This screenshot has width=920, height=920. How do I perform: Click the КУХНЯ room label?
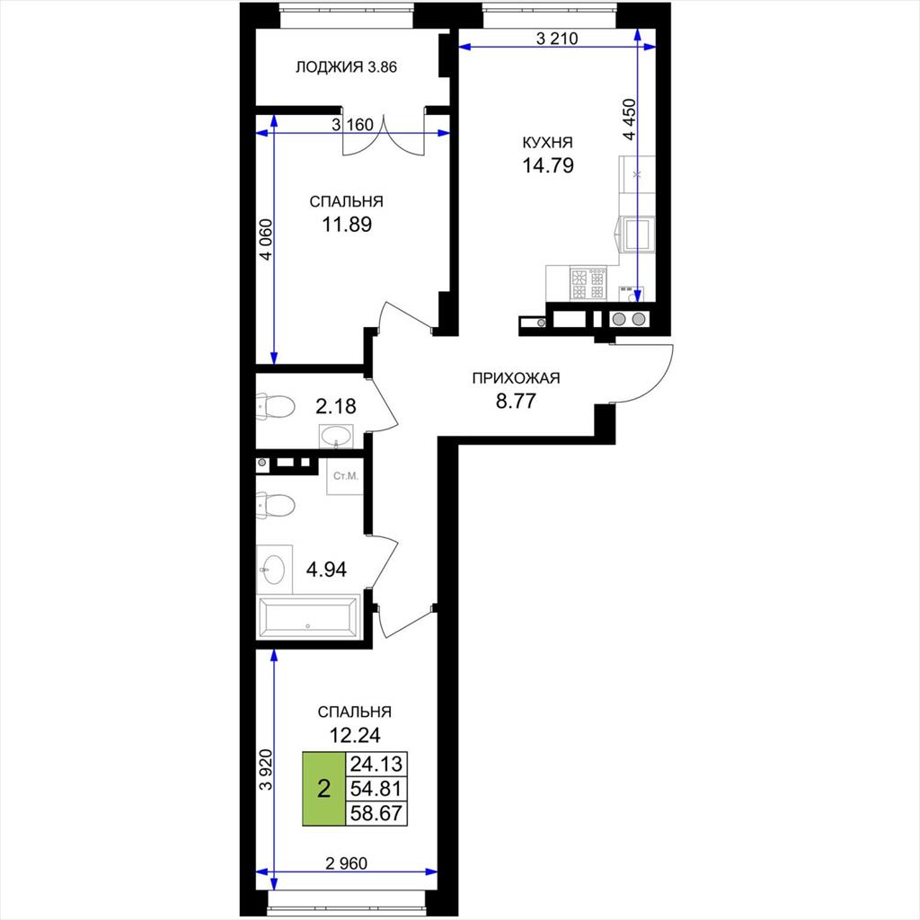point(547,143)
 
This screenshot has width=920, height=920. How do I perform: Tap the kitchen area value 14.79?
point(548,165)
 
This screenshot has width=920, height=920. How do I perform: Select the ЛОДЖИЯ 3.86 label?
point(346,67)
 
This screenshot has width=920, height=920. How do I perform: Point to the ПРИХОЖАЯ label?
point(516,378)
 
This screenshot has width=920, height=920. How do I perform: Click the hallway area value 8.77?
point(516,402)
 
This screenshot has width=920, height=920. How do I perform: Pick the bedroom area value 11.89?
point(347,224)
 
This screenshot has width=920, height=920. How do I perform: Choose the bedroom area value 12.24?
point(354,735)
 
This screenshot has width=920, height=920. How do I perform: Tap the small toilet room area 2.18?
point(336,406)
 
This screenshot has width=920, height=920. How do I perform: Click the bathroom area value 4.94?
point(326,569)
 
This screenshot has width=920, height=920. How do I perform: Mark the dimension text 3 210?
point(557,39)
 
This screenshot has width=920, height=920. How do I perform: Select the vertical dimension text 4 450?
point(629,119)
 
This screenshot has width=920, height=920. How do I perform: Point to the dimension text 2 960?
point(346,863)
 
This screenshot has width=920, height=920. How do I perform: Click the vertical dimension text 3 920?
point(266,769)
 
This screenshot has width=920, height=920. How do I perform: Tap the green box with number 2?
point(323,789)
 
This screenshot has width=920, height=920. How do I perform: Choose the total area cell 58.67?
point(376,813)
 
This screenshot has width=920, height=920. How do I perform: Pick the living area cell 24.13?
point(376,764)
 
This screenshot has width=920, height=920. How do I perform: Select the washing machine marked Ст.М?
point(345,476)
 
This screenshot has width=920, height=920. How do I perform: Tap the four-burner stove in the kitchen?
point(588,284)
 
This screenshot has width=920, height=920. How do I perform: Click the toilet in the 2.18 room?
point(275,407)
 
